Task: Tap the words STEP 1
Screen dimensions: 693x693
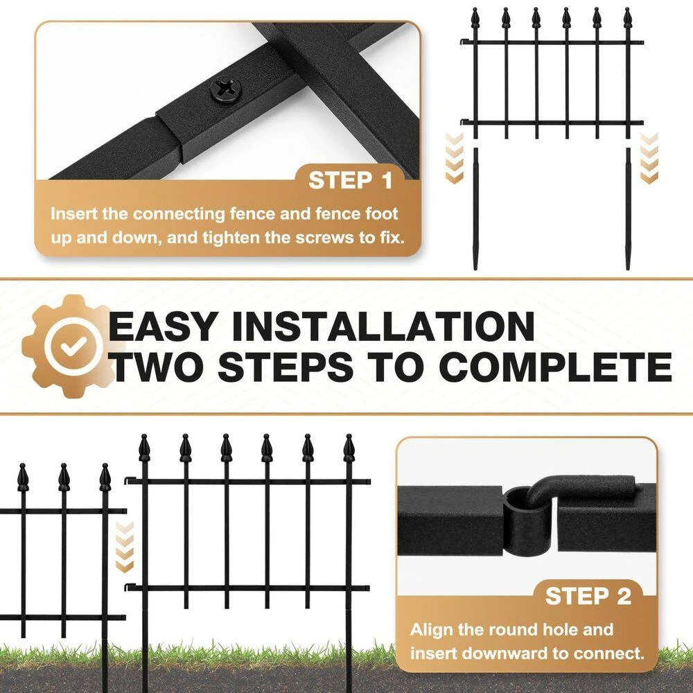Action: point(351,180)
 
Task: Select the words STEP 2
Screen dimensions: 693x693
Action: point(588,596)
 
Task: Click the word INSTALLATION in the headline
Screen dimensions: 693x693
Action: point(383,326)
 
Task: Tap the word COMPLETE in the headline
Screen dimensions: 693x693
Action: point(556,367)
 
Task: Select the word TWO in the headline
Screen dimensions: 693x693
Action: point(159,367)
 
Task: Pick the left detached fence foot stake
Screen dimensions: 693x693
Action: point(476,209)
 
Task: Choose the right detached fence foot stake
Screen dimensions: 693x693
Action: point(628,209)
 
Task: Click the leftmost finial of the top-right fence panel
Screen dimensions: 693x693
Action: point(475,18)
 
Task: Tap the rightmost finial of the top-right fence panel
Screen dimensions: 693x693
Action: point(627,18)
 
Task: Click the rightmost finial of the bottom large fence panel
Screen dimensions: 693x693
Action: point(349,448)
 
